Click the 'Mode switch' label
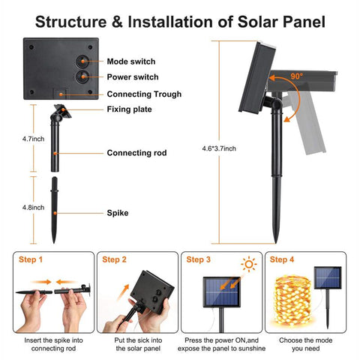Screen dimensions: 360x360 click(131, 61)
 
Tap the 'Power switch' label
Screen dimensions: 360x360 click(133, 77)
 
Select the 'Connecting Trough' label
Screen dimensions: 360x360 click(144, 94)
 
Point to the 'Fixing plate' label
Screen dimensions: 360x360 click(129, 109)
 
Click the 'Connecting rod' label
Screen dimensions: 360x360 click(136, 153)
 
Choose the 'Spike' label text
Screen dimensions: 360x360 click(118, 213)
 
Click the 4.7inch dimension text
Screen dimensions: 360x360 click(33, 139)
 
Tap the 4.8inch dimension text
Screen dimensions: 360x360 click(33, 208)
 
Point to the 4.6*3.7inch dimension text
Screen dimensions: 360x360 click(219, 148)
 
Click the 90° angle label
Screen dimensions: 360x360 click(297, 76)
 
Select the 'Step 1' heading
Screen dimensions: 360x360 click(31, 259)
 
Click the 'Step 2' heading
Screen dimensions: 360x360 click(114, 259)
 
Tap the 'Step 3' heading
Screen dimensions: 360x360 click(198, 259)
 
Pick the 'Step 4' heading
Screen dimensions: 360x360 click(282, 259)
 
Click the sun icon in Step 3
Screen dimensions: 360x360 click(249, 264)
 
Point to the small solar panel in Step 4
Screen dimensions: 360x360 click(328, 277)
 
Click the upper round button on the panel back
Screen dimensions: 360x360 click(82, 61)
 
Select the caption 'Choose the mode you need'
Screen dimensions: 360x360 click(305, 344)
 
